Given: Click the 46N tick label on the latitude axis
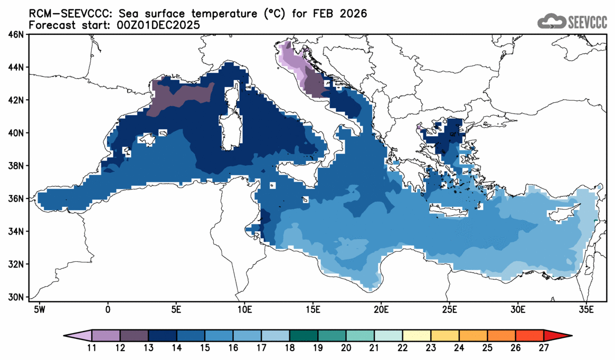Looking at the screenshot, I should point(16,35).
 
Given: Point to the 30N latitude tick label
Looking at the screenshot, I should point(16,297).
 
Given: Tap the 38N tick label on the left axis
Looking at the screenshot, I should point(16,166).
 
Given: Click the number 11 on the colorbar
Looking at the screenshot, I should point(91,348).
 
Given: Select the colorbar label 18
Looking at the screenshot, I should point(289,348).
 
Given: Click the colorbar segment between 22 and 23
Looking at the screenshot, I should point(417,335).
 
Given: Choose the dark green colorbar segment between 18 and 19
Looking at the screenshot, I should point(304,335).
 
